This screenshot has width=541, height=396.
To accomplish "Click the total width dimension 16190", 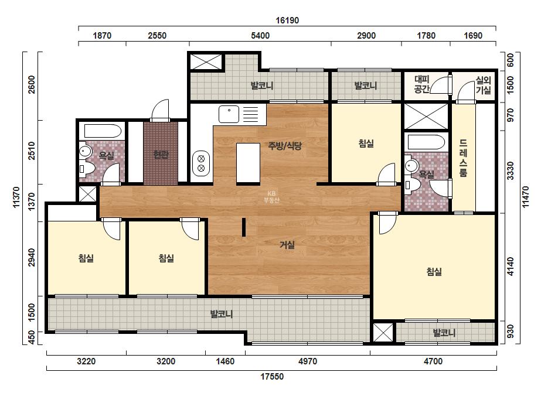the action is (x=287, y=21).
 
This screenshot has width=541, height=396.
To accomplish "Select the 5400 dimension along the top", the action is (x=260, y=36).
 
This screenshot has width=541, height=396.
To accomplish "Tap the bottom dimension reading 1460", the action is (x=225, y=361).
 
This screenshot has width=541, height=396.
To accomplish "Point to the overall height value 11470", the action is (x=525, y=197).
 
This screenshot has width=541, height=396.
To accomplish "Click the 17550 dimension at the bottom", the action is (x=272, y=376).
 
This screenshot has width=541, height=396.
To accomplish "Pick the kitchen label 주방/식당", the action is (x=285, y=146).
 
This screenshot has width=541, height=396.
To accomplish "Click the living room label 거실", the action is (x=287, y=245).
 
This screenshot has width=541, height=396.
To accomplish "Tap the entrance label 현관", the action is (x=161, y=154).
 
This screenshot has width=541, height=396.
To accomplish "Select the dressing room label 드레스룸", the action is (x=464, y=158).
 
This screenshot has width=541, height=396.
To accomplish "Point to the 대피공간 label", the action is (x=421, y=84).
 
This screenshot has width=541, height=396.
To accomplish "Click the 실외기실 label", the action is (x=483, y=85).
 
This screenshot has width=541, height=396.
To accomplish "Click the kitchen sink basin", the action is (x=229, y=114).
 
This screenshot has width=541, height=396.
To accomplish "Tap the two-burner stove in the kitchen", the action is (x=201, y=163).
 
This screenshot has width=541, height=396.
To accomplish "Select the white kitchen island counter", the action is (x=248, y=163).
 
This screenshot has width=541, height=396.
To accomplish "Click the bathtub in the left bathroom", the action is (x=103, y=131).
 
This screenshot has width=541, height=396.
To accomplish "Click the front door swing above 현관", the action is (x=160, y=110).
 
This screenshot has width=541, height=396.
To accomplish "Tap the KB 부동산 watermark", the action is (x=271, y=197).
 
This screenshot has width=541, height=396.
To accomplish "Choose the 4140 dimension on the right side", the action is (x=511, y=267).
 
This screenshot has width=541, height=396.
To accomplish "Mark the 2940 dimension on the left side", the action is (x=32, y=257).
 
